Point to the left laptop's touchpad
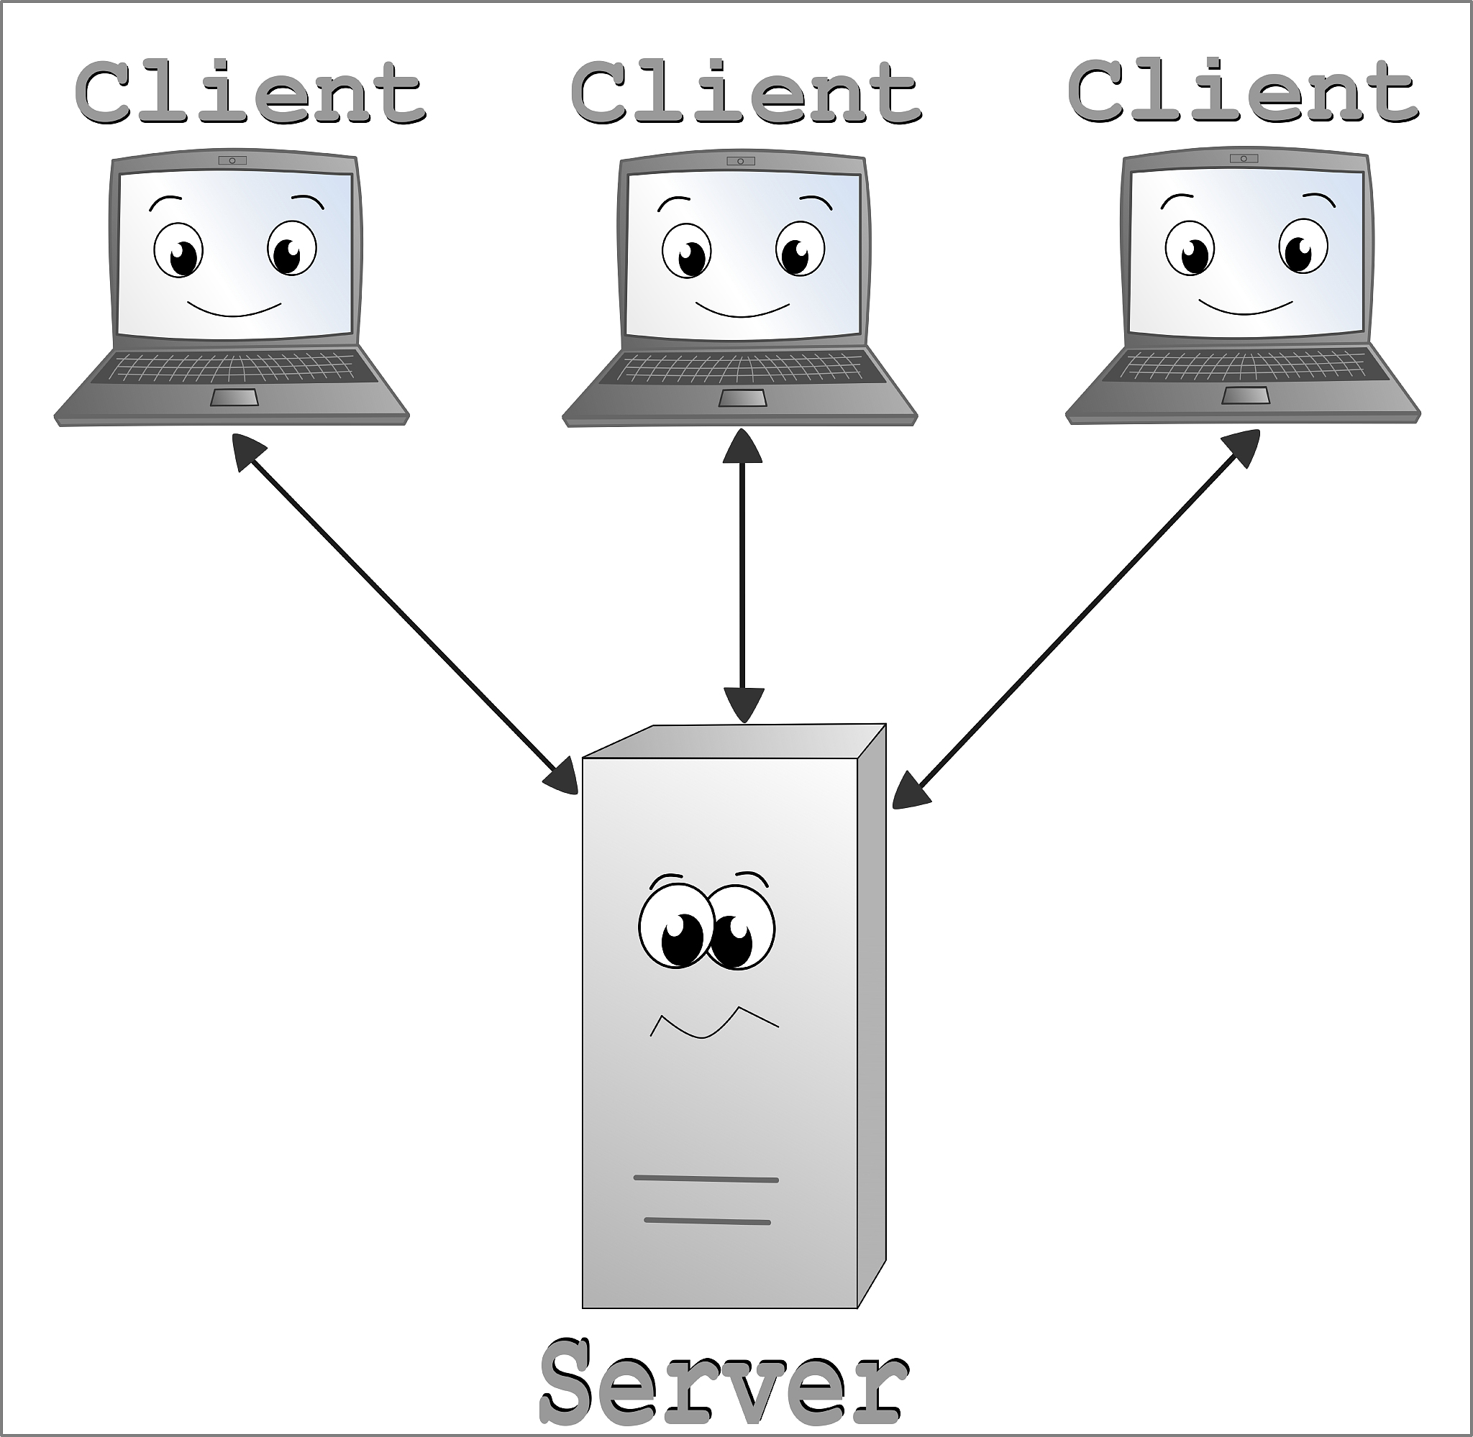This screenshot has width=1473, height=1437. tap(234, 398)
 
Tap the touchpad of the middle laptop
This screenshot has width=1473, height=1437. tap(742, 398)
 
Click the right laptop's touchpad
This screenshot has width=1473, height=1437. tap(1245, 395)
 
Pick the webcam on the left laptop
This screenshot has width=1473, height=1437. tap(232, 160)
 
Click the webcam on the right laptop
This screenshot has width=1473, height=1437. tap(1244, 158)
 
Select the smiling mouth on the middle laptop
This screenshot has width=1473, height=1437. tap(743, 311)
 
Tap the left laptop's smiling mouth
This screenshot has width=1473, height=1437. tap(234, 311)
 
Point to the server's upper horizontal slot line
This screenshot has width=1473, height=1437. tap(706, 1177)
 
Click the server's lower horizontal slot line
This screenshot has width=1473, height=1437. tap(708, 1221)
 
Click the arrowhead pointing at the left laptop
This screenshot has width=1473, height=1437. tap(247, 450)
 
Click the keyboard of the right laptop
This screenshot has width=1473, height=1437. tap(1244, 367)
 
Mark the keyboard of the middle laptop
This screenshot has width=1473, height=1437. tap(742, 369)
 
